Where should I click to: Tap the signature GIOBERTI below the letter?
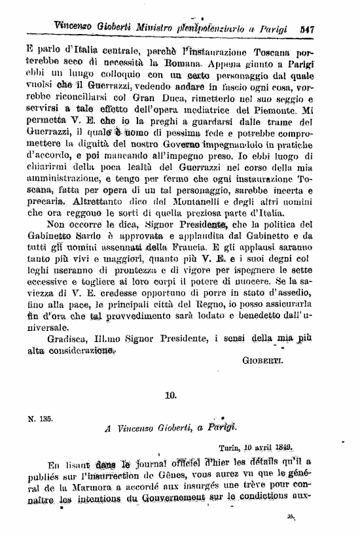[x=262, y=360]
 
